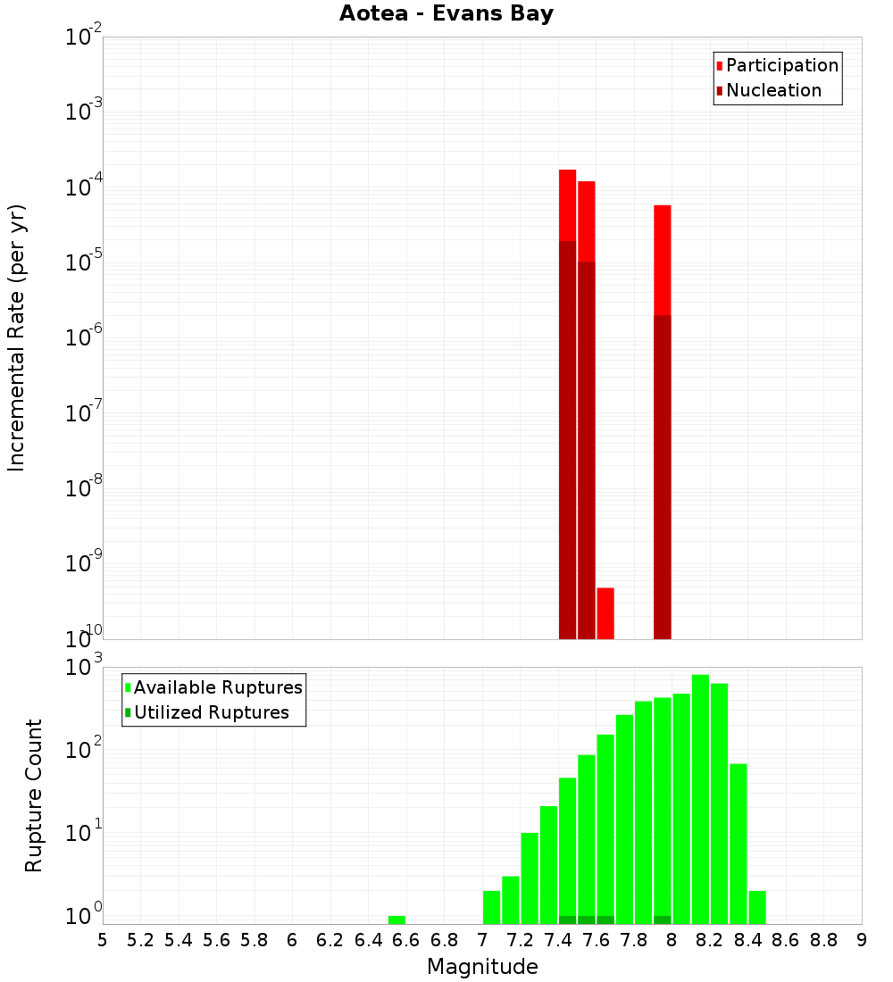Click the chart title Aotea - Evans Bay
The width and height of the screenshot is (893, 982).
click(x=446, y=13)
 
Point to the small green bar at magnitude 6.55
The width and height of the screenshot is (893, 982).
click(x=396, y=920)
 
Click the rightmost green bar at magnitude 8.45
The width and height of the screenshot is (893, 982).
click(x=757, y=907)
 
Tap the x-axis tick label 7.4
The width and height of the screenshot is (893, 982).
click(x=558, y=940)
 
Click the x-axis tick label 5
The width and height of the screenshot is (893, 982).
click(x=103, y=940)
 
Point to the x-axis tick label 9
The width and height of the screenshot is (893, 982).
click(x=862, y=940)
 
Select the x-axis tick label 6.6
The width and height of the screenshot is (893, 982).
click(x=406, y=940)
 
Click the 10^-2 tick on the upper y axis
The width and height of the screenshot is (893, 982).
click(x=84, y=38)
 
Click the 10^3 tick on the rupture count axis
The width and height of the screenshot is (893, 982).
click(x=84, y=668)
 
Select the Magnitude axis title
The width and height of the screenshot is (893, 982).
click(x=482, y=967)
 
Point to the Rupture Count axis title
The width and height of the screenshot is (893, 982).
click(x=34, y=795)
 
